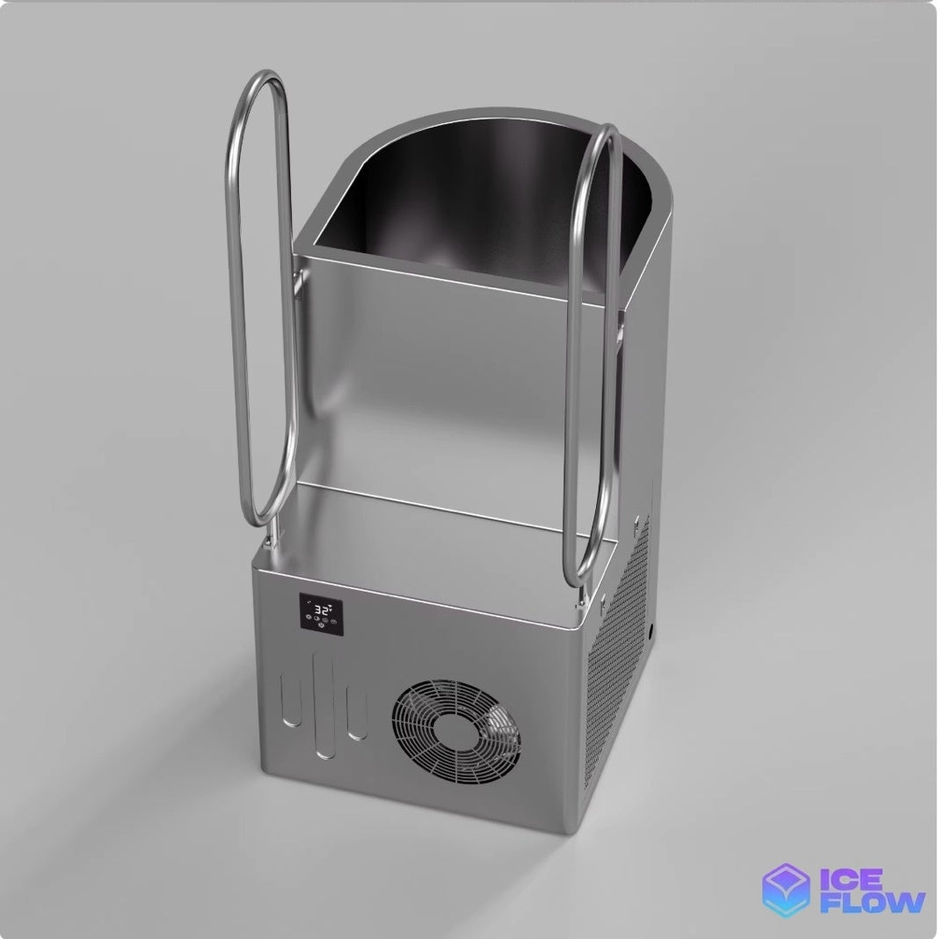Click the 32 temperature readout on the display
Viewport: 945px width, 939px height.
pyautogui.click(x=322, y=608)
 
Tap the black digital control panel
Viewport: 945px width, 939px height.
pyautogui.click(x=322, y=615)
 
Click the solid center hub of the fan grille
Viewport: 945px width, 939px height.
pyautogui.click(x=457, y=730)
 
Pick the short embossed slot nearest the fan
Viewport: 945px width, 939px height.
pyautogui.click(x=357, y=712)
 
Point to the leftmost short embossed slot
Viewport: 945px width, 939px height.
pyautogui.click(x=292, y=699)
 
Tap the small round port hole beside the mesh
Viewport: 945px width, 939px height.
pyautogui.click(x=653, y=634)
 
